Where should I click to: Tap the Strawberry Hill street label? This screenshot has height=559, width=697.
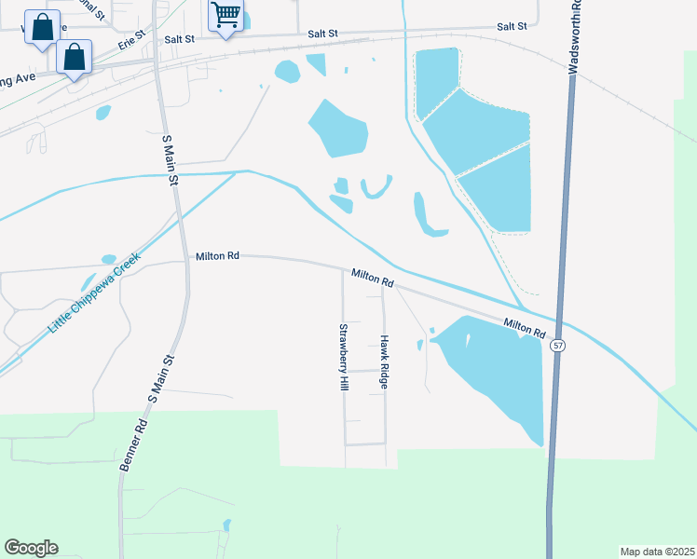343,357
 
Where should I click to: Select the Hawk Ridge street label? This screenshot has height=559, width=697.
383,361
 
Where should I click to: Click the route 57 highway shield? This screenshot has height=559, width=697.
557,345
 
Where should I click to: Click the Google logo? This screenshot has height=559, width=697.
31,548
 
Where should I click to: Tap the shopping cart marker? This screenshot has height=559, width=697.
225,16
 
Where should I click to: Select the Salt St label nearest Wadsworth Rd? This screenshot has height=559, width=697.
512,27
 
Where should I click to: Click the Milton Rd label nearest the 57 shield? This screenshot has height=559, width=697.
525,328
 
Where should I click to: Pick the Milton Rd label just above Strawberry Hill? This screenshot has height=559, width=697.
373,277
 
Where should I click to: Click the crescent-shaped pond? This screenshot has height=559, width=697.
375,189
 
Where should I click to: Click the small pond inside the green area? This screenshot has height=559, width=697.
226,525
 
